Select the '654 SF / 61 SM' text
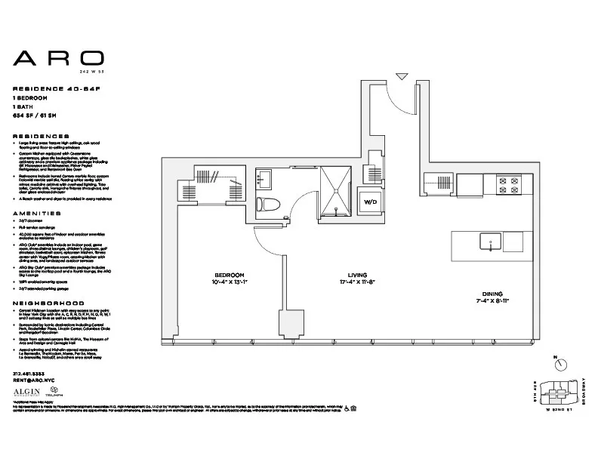(42, 115)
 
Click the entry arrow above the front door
(402, 76)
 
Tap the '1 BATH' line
(26, 107)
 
